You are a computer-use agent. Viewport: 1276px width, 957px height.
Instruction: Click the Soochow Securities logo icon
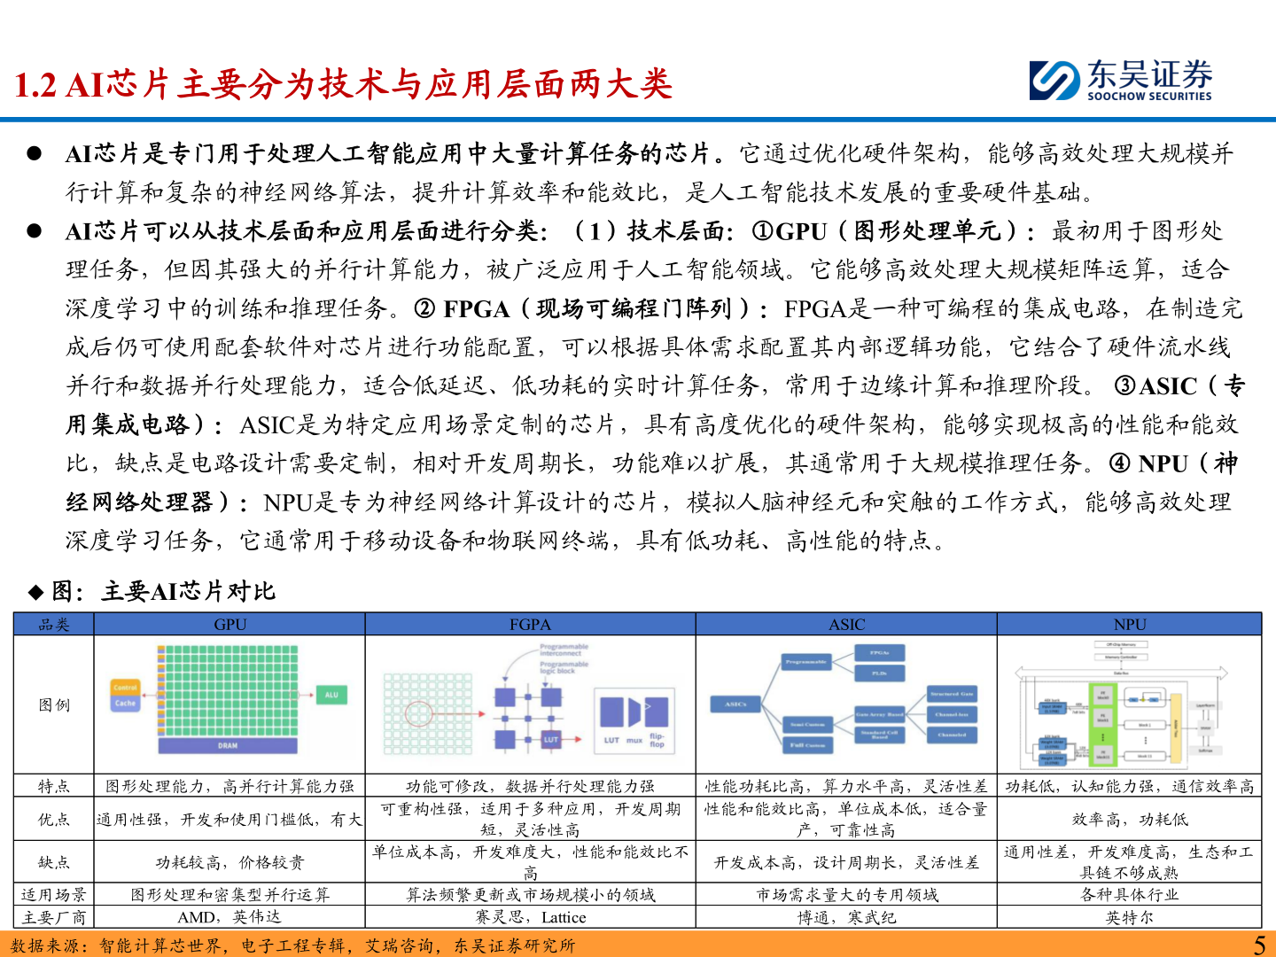pyautogui.click(x=1054, y=80)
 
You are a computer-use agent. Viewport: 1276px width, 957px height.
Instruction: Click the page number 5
pyautogui.click(x=1259, y=945)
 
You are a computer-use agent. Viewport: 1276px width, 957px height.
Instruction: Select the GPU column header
pyautogui.click(x=230, y=625)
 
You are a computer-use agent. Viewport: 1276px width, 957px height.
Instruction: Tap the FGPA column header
pyautogui.click(x=530, y=625)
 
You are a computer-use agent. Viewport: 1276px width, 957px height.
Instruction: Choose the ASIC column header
pyautogui.click(x=846, y=625)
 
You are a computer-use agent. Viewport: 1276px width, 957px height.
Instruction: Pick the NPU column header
pyautogui.click(x=1130, y=625)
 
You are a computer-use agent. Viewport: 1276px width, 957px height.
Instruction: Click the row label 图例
pyautogui.click(x=54, y=705)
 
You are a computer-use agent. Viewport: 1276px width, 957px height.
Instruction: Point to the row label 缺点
pyautogui.click(x=54, y=862)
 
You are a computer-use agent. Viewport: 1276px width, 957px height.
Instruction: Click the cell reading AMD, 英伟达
pyautogui.click(x=230, y=918)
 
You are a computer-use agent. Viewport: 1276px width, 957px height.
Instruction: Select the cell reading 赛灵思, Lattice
pyautogui.click(x=530, y=918)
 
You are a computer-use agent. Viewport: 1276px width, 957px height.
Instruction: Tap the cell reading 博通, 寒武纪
pyautogui.click(x=846, y=918)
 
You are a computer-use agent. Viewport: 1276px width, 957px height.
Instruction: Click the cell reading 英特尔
pyautogui.click(x=1130, y=918)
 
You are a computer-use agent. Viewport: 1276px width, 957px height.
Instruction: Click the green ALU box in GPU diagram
pyautogui.click(x=331, y=696)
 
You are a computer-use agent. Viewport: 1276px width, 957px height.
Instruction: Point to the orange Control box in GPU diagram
pyautogui.click(x=125, y=688)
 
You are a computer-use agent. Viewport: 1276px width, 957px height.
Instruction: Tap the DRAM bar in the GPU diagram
pyautogui.click(x=228, y=746)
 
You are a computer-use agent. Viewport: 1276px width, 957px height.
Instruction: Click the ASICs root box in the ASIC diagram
pyautogui.click(x=735, y=704)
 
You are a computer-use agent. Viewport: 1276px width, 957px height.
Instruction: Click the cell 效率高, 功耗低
pyautogui.click(x=1130, y=820)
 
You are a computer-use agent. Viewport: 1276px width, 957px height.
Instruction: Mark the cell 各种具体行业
pyautogui.click(x=1130, y=895)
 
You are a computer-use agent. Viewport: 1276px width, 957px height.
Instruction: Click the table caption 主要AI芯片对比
pyautogui.click(x=188, y=592)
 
